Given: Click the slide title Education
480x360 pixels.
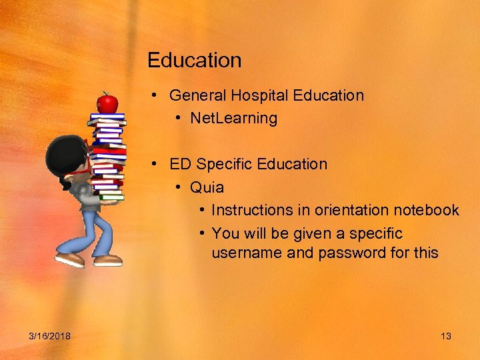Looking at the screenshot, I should point(194,60).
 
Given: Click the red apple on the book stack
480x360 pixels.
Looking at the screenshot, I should point(107,103).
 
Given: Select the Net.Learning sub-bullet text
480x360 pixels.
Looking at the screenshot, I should point(233,118).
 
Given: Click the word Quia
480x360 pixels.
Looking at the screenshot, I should point(207,187).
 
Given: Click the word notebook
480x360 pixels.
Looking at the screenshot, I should point(426,210).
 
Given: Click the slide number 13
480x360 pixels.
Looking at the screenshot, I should point(446,336).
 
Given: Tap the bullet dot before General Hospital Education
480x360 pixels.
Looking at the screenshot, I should point(154,95).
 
